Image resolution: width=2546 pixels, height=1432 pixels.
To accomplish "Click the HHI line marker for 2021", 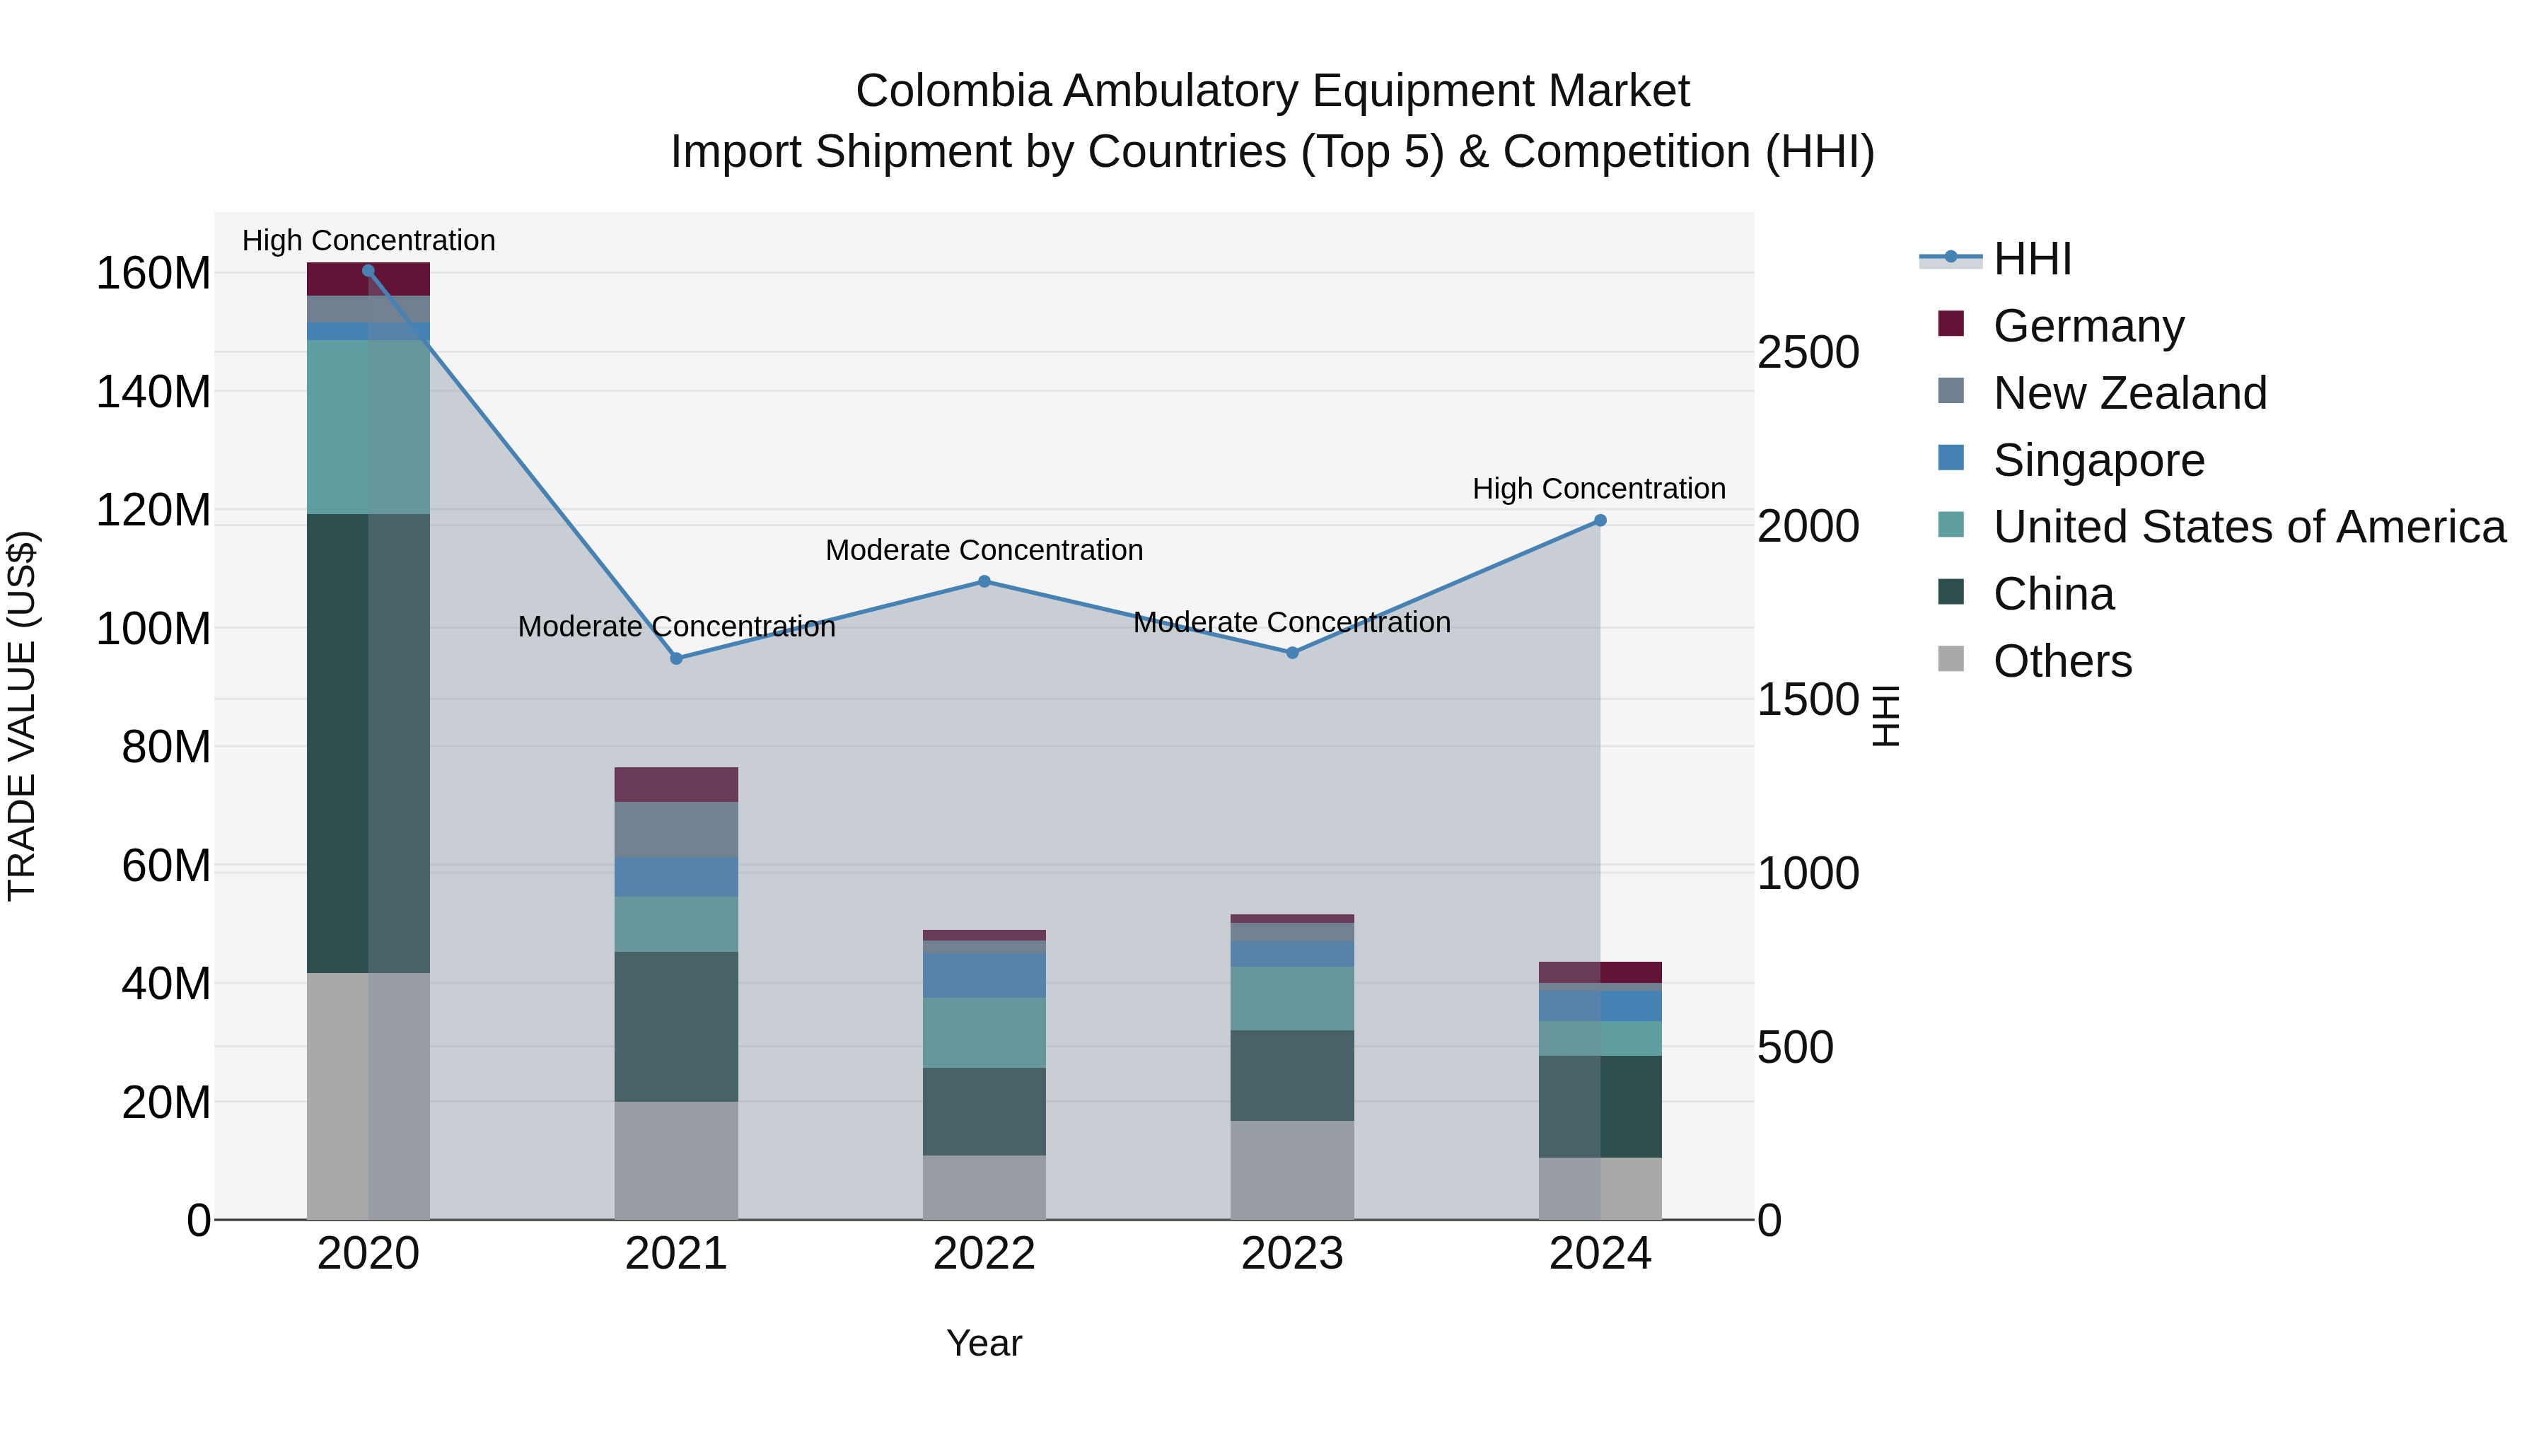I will point(676,658).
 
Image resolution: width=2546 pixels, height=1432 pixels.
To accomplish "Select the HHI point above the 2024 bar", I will point(1600,520).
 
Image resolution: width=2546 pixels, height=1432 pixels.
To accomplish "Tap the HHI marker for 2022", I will point(984,582).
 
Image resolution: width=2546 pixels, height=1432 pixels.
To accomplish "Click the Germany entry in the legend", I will point(2088,326).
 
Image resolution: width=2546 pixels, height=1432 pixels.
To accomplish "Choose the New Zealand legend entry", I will point(2129,393).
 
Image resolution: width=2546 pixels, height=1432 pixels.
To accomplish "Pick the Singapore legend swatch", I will point(1951,458).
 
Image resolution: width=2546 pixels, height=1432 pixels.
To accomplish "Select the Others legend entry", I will point(2062,661).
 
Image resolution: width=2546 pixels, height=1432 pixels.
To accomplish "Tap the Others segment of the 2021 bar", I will point(676,1160).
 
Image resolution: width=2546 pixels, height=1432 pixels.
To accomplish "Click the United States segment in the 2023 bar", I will point(1292,998).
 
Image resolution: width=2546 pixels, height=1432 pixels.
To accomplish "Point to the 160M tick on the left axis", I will point(153,274).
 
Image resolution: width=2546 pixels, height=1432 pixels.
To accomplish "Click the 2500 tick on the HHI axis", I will point(1808,353).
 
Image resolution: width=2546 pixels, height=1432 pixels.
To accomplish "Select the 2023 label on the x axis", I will point(1292,1254).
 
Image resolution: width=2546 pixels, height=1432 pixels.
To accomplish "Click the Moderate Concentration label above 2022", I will point(984,550).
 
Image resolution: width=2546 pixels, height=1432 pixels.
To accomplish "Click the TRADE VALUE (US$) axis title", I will point(22,716).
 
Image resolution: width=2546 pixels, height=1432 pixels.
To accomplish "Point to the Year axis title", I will point(984,1343).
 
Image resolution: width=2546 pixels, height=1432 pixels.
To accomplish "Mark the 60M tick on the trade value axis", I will point(166,866).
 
